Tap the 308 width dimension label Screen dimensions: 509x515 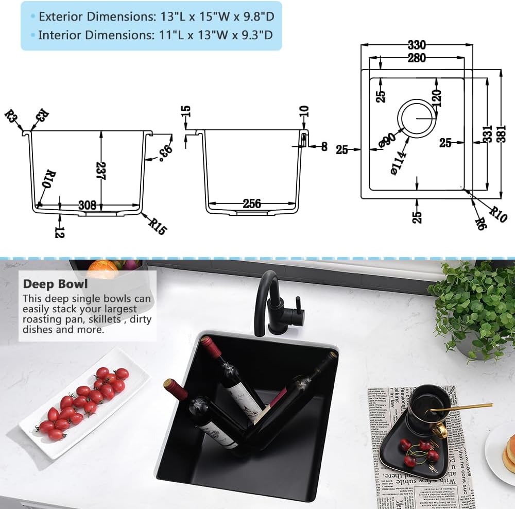click(87, 205)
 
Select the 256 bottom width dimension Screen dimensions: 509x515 click(251, 204)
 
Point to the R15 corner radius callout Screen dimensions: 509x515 click(157, 226)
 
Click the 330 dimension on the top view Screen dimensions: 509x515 click(416, 45)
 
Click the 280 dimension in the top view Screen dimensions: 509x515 click(416, 58)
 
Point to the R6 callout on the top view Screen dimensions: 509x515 click(481, 223)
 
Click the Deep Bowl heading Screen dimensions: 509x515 click(55, 284)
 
